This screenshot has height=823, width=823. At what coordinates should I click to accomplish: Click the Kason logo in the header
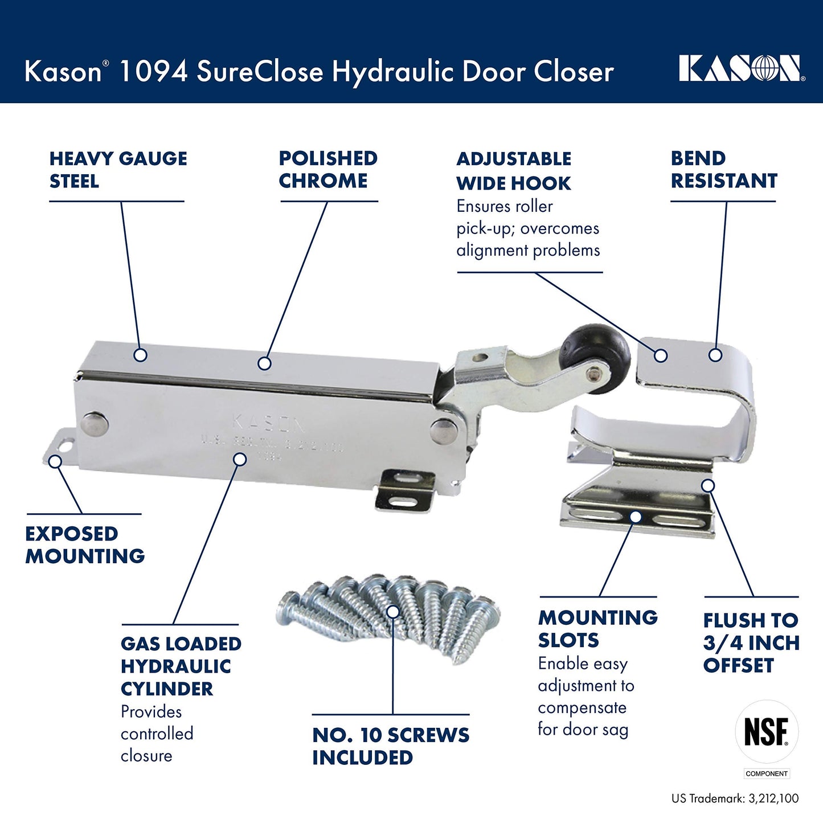pyautogui.click(x=741, y=69)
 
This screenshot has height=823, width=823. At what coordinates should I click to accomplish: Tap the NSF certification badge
pyautogui.click(x=767, y=731)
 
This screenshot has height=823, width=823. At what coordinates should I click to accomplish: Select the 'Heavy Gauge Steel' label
pyautogui.click(x=118, y=170)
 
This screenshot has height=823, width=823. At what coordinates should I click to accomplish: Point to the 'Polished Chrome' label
pyautogui.click(x=328, y=170)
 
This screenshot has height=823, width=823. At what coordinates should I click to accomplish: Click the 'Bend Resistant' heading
pyautogui.click(x=723, y=170)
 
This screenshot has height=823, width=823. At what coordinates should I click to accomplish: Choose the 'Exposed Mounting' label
pyautogui.click(x=85, y=545)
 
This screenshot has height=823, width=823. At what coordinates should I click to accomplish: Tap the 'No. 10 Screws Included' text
pyautogui.click(x=391, y=746)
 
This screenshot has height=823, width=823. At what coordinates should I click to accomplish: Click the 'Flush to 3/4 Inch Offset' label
pyautogui.click(x=751, y=642)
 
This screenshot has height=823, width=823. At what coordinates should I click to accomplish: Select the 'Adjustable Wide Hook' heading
pyautogui.click(x=514, y=171)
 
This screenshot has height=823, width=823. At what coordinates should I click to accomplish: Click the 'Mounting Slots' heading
pyautogui.click(x=597, y=629)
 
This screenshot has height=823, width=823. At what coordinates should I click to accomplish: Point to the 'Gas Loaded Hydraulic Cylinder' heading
pyautogui.click(x=181, y=666)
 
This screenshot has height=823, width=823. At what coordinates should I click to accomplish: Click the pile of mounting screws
pyautogui.click(x=390, y=615)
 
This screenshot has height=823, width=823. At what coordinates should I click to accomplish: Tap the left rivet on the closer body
pyautogui.click(x=94, y=424)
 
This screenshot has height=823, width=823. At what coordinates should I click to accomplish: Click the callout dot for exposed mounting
pyautogui.click(x=55, y=461)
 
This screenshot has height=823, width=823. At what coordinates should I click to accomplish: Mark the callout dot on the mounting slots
pyautogui.click(x=636, y=517)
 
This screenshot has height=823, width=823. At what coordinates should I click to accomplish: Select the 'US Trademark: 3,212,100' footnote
pyautogui.click(x=735, y=799)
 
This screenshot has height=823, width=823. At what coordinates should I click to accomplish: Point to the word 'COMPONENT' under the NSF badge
pyautogui.click(x=767, y=773)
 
